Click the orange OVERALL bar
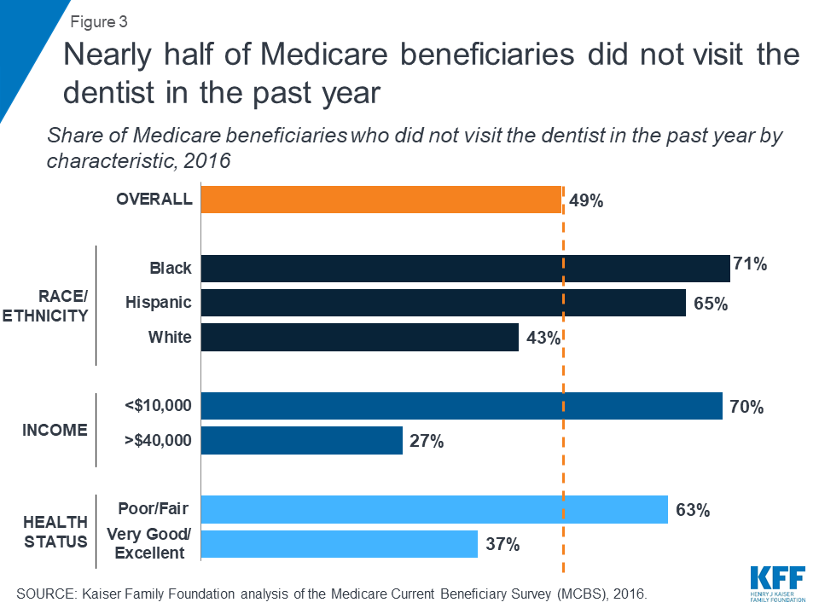click(380, 200)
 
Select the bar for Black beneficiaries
click(465, 269)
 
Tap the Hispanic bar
click(443, 303)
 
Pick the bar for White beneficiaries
click(359, 338)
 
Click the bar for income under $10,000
click(461, 406)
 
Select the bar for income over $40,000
click(301, 440)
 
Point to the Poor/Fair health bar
click(433, 510)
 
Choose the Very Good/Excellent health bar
click(339, 544)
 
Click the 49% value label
click(586, 201)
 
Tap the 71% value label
click(750, 264)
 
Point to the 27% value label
click(427, 441)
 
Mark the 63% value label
click(692, 511)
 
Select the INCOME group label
click(55, 430)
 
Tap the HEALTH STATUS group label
click(55, 531)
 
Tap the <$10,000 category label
click(158, 406)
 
